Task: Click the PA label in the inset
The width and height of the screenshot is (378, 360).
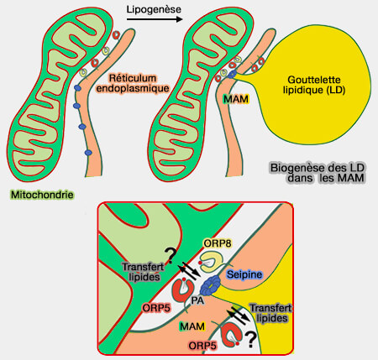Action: click(x=194, y=300)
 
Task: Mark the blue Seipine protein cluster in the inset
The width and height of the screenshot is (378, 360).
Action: click(x=206, y=284)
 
